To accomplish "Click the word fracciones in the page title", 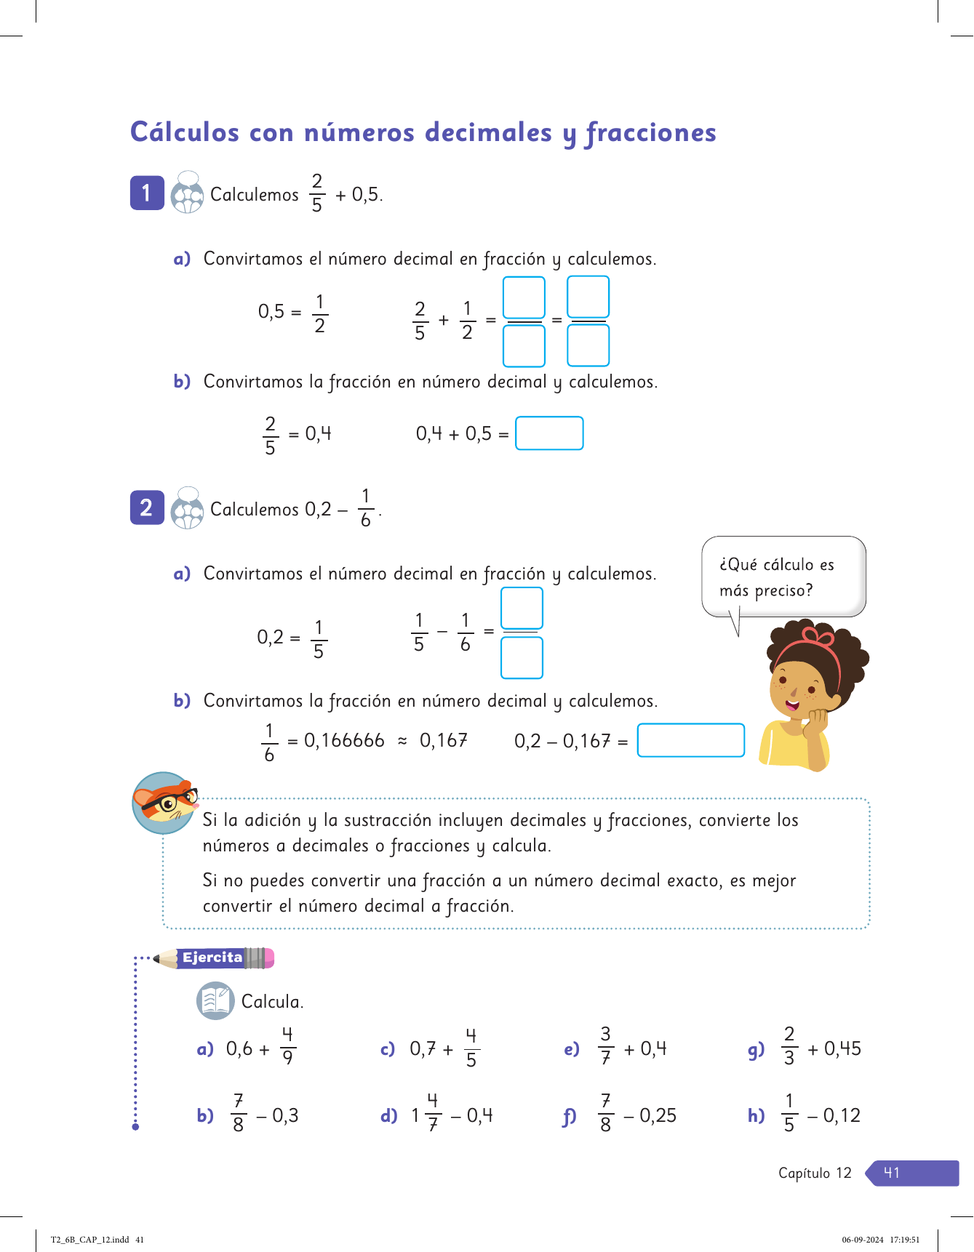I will (651, 133).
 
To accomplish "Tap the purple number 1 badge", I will (147, 193).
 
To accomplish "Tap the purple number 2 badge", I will (147, 507).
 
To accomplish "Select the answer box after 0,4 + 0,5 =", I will (549, 433).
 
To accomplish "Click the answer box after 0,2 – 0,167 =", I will (690, 740).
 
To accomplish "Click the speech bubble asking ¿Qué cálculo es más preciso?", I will (783, 577).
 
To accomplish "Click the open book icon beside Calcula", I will (215, 1000).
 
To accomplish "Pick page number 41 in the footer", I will (892, 1173).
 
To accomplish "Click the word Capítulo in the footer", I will (804, 1173).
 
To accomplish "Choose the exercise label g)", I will (756, 1049).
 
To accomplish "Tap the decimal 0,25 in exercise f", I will (658, 1115).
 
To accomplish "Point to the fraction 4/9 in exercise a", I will (287, 1046).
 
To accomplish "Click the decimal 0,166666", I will (344, 740).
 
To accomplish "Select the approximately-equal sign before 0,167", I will (402, 741).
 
